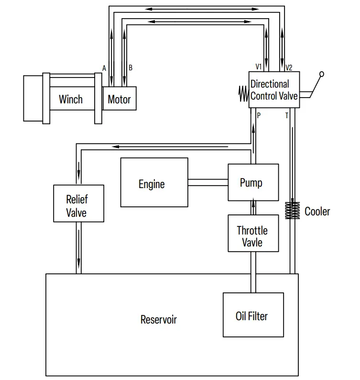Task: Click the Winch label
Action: (71, 99)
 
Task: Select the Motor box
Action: (120, 99)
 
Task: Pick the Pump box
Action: (253, 182)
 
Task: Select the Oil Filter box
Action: (251, 315)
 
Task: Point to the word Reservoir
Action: (158, 319)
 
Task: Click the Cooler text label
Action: (317, 211)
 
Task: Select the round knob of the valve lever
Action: (322, 74)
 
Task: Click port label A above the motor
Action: (104, 68)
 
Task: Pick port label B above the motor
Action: (131, 68)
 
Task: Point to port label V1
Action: (259, 67)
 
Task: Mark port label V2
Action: (289, 67)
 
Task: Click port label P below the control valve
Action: (258, 115)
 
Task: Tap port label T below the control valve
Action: (287, 115)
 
